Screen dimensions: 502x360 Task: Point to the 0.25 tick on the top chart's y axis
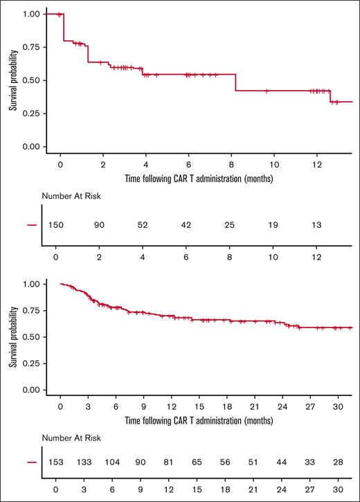point(30,114)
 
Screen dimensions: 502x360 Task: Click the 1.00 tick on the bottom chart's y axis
point(30,284)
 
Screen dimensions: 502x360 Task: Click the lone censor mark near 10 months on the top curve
point(267,91)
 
